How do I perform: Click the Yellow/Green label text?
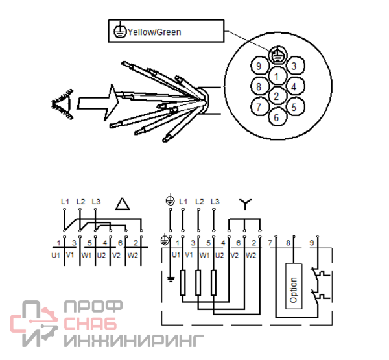[x=154, y=32]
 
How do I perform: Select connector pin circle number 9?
[x=259, y=66]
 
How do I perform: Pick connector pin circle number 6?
[x=277, y=117]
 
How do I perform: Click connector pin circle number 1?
[x=277, y=77]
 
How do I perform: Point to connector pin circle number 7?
[x=259, y=107]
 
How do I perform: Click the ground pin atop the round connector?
[x=277, y=54]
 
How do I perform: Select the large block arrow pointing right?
[x=98, y=102]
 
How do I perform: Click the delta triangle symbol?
[x=123, y=204]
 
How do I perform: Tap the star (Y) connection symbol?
[x=245, y=204]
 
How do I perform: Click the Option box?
[x=294, y=286]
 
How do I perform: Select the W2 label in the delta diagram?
[x=133, y=255]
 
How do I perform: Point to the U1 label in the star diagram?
[x=176, y=255]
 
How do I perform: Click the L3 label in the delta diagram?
[x=96, y=202]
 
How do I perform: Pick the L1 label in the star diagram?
[x=183, y=202]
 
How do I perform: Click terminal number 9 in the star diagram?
[x=312, y=243]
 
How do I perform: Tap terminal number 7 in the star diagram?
[x=270, y=243]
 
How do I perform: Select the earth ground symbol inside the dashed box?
[x=171, y=280]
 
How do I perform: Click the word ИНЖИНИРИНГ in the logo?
[x=134, y=340]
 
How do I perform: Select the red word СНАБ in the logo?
[x=90, y=323]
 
